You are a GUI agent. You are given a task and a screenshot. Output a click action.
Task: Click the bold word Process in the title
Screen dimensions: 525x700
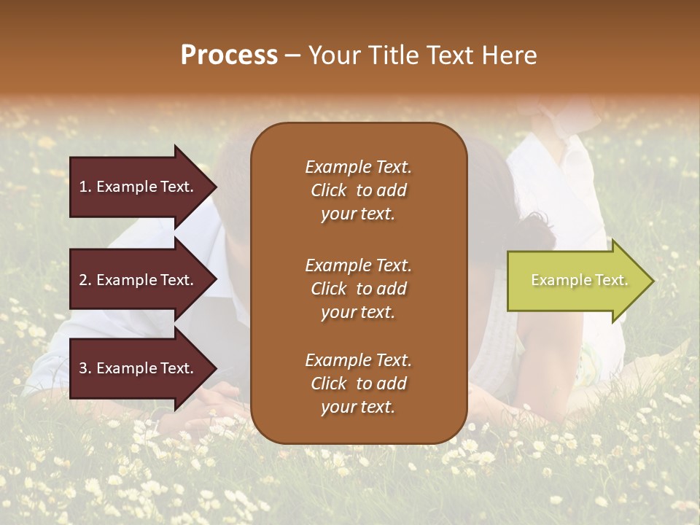pos(229,55)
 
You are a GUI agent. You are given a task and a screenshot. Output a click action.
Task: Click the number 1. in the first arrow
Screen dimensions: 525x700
pos(85,187)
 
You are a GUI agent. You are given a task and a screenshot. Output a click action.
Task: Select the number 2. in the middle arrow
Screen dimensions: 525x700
pos(85,280)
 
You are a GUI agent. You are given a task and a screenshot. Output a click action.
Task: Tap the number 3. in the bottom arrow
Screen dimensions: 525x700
pos(85,369)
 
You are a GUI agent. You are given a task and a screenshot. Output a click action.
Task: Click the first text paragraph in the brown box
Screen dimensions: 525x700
pos(358,190)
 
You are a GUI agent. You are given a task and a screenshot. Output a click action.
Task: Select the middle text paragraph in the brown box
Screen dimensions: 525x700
pos(358,288)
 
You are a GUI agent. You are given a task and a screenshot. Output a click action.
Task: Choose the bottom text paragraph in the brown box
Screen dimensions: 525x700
pos(358,384)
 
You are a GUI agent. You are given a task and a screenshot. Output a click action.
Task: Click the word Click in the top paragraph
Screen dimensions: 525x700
pos(328,190)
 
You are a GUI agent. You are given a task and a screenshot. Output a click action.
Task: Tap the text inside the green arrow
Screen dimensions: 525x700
pos(579,280)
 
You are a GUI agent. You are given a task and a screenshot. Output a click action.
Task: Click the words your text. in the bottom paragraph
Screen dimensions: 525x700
pos(358,407)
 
